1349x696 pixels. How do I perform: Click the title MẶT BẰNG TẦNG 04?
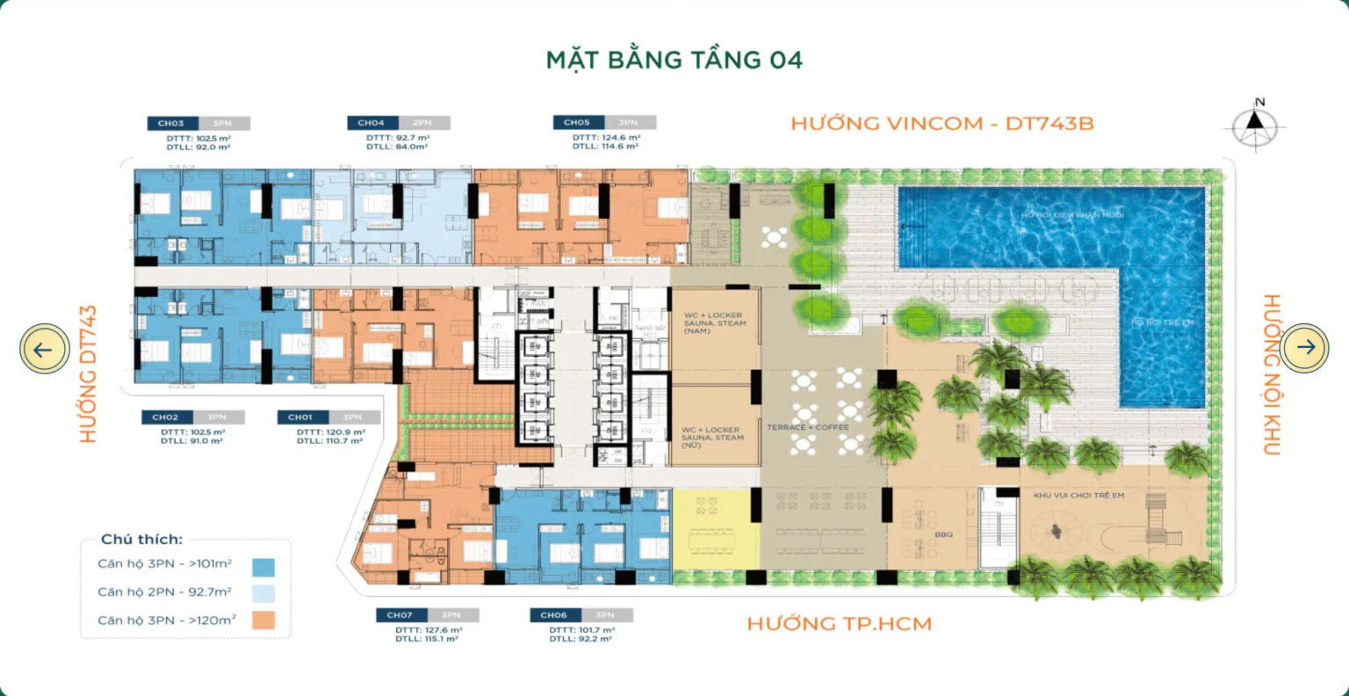coord(674,60)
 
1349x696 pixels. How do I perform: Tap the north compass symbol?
coord(1258,126)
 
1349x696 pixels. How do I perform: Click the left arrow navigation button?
coord(44,348)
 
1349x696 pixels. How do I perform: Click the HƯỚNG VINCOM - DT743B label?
coord(942,124)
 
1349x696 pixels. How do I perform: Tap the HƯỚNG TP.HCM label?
coord(839,624)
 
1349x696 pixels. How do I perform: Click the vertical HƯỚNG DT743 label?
coord(88,373)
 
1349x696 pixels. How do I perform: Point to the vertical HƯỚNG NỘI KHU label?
coord(1271,374)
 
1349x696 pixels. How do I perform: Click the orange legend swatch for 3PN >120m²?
coord(263,620)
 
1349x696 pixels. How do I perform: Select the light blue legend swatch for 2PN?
coord(263,593)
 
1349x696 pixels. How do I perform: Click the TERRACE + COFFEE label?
coord(807,428)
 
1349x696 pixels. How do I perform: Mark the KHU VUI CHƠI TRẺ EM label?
coord(1078,496)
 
